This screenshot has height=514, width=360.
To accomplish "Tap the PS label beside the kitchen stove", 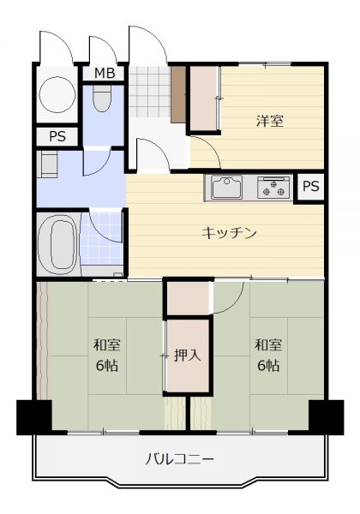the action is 310,186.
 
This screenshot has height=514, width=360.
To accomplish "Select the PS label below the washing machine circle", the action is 57,136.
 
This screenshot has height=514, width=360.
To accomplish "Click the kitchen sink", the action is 226,187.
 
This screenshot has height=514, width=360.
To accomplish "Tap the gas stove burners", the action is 273,188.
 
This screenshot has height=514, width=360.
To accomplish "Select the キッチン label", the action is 229,233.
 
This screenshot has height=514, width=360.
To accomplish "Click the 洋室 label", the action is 269,122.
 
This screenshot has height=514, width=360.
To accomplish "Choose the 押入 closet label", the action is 187,355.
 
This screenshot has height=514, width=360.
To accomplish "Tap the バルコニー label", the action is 180,459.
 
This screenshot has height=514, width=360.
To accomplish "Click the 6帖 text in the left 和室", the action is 107,366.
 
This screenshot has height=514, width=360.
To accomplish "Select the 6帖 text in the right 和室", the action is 268,366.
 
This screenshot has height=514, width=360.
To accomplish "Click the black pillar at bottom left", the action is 34,417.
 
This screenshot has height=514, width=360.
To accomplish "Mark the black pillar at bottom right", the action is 327,417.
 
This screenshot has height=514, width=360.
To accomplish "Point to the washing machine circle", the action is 57,95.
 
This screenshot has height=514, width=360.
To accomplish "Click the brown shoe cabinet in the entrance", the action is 178,95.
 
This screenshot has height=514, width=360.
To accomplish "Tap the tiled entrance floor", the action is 149,92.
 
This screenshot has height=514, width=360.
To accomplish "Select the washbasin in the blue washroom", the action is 48,164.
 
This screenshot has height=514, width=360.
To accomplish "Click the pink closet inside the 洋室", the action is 204,99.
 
